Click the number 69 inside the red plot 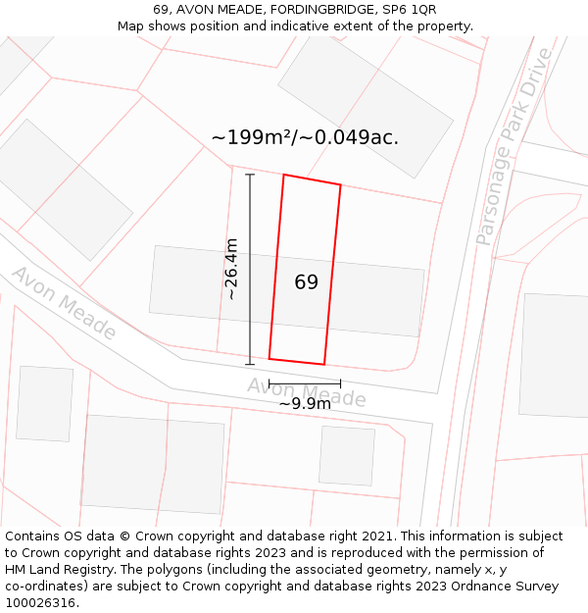click(x=306, y=282)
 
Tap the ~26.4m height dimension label click(x=231, y=269)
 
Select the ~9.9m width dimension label click(x=305, y=403)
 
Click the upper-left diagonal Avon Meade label click(x=64, y=302)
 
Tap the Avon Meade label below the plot click(x=307, y=393)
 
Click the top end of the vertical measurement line click(x=250, y=175)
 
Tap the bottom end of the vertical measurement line click(x=250, y=364)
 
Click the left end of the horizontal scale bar click(x=269, y=383)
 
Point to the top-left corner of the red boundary click(x=284, y=175)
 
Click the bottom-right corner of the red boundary click(x=323, y=364)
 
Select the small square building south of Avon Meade click(x=346, y=455)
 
